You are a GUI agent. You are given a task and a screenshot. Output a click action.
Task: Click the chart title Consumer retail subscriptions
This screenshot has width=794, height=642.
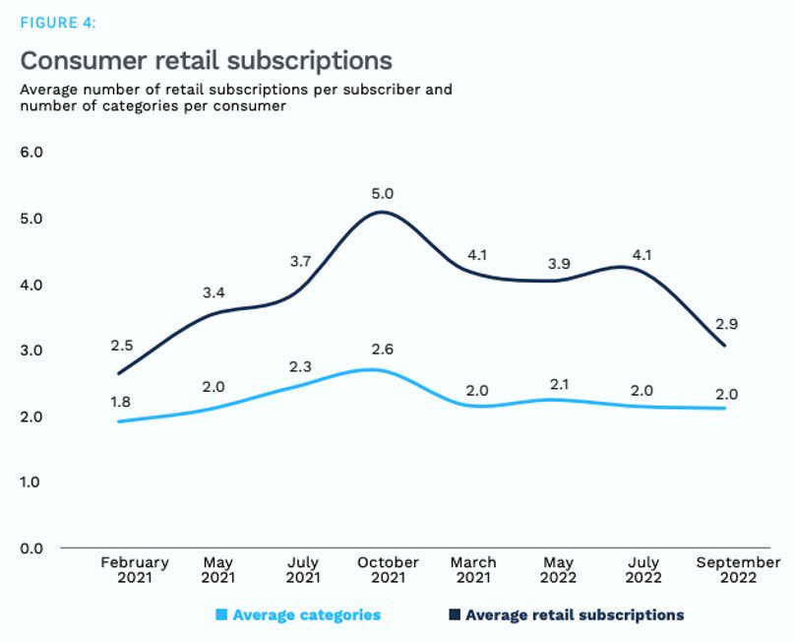pyautogui.click(x=206, y=61)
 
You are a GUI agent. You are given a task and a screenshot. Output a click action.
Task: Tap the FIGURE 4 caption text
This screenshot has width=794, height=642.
pyautogui.click(x=58, y=23)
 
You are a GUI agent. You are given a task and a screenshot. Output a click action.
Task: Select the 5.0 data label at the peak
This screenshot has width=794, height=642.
pyautogui.click(x=383, y=194)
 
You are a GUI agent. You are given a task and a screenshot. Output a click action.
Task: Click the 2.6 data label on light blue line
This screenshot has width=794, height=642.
pyautogui.click(x=383, y=349)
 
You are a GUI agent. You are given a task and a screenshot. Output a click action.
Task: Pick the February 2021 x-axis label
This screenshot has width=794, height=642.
pyautogui.click(x=135, y=570)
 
